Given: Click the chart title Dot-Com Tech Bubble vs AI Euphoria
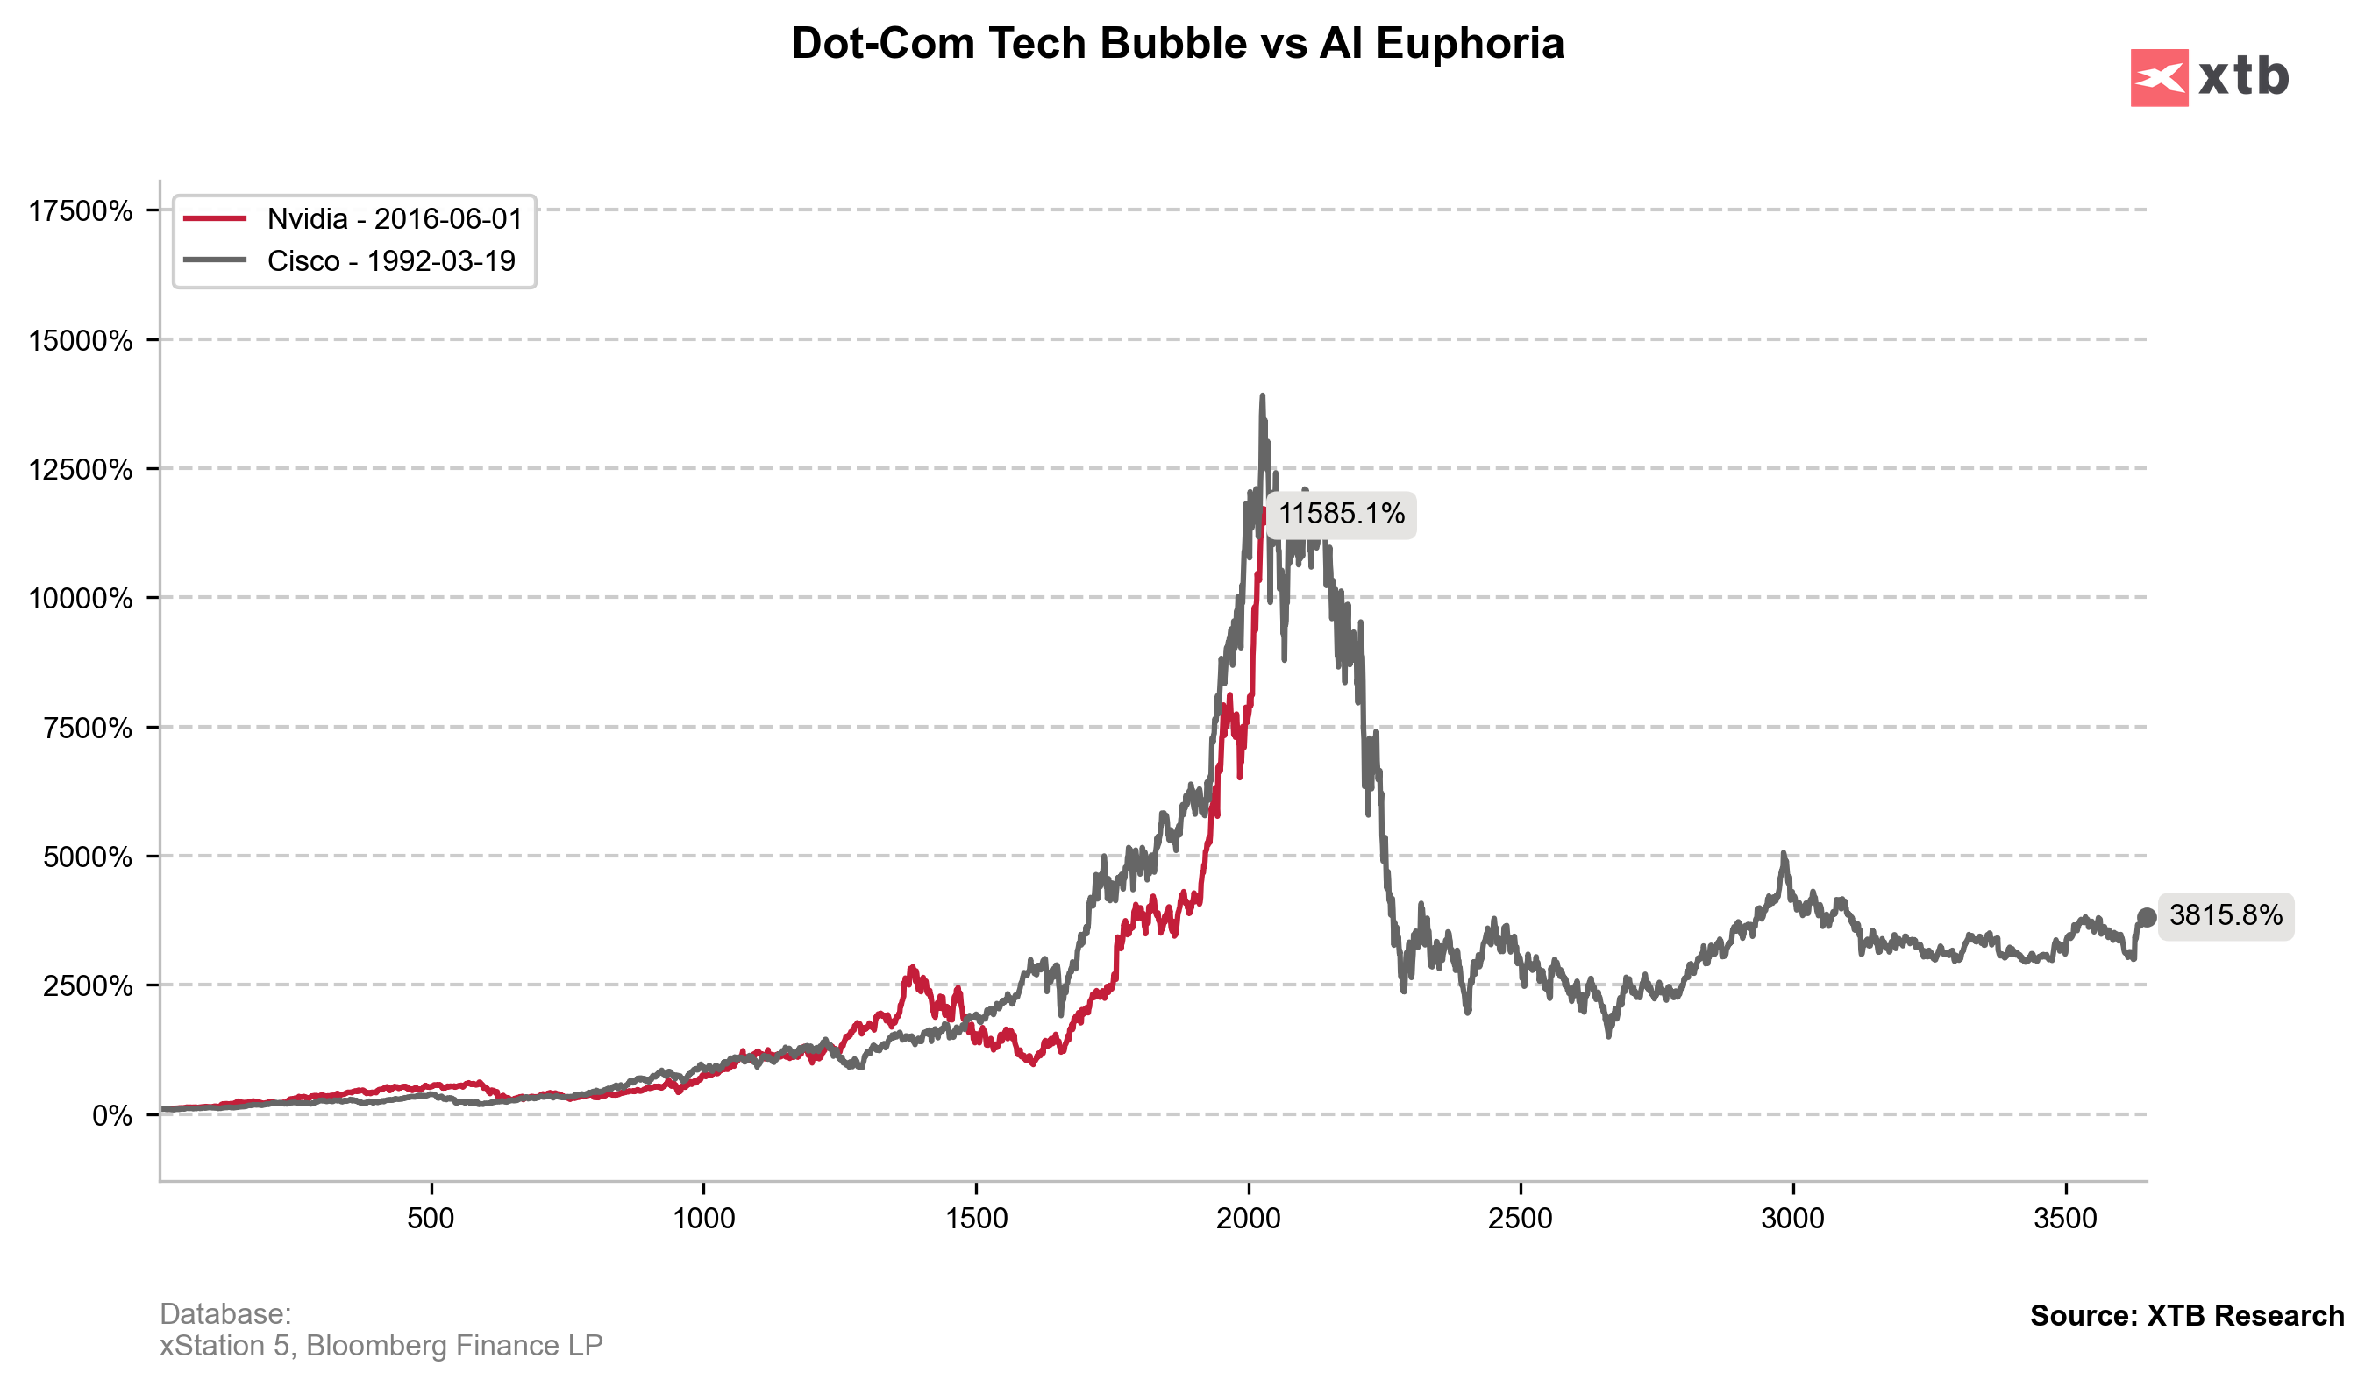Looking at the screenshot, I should (1177, 44).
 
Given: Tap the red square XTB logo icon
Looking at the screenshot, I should (2158, 77).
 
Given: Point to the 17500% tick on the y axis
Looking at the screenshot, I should (80, 210).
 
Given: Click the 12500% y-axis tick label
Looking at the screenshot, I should (80, 470).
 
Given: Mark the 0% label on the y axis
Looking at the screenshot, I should (111, 1116).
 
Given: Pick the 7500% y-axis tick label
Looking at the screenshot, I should (88, 729).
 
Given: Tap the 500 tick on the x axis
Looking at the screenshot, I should (431, 1220).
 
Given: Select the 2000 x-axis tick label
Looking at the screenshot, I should (1248, 1220).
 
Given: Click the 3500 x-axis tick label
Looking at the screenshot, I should (2065, 1220).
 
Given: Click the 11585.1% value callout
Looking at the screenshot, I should (1341, 515).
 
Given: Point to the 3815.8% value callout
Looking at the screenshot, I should (2226, 915).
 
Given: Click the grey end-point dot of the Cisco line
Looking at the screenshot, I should (2147, 916).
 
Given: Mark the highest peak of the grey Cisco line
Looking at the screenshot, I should (1262, 397).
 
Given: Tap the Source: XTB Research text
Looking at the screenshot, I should (2185, 1317).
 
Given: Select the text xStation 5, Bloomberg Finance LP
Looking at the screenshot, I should (381, 1346).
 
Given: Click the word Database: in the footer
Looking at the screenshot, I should (225, 1314).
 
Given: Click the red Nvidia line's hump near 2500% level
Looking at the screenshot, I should (911, 969).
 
